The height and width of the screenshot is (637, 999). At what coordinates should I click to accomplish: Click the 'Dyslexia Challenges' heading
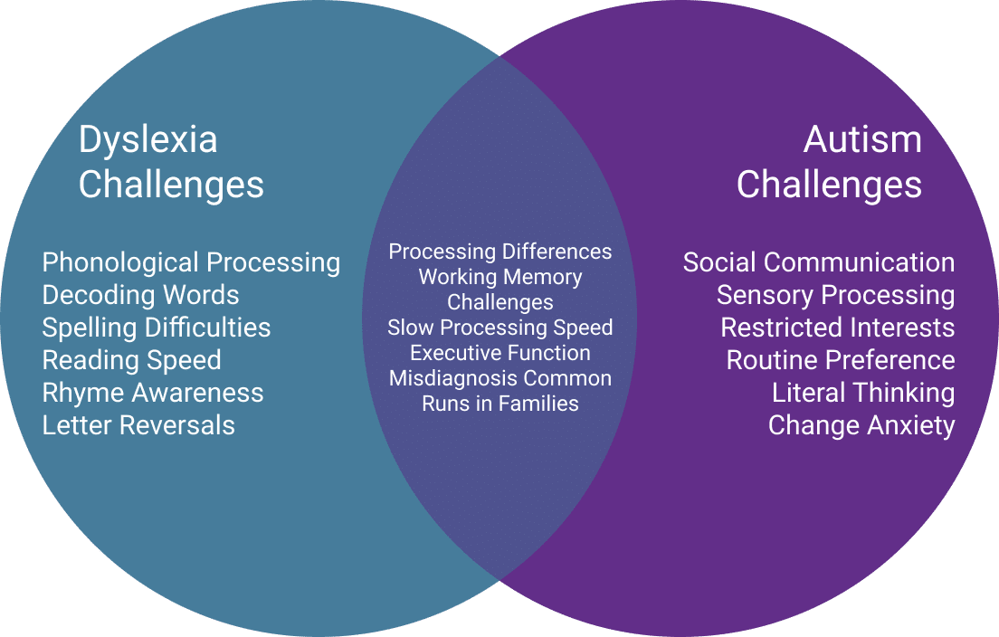tap(171, 162)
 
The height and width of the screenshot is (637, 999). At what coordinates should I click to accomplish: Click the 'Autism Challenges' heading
tap(829, 162)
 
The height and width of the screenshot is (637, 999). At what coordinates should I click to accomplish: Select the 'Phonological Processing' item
tap(191, 262)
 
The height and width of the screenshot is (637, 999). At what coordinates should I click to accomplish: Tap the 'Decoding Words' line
tap(140, 295)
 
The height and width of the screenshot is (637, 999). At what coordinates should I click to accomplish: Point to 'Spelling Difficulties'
tap(157, 328)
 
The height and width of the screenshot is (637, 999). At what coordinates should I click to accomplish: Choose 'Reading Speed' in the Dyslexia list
tap(131, 360)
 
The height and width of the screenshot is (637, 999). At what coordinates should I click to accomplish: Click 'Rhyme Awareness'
tap(153, 393)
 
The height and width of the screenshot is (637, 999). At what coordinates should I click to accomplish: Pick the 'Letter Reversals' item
tap(138, 425)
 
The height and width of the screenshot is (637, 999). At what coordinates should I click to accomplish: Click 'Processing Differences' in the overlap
tap(499, 252)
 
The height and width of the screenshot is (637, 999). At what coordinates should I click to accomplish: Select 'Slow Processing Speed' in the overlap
tap(499, 328)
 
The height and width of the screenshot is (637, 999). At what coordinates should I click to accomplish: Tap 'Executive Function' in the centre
tap(499, 353)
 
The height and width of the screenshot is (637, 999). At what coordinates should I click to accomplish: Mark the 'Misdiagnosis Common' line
tap(499, 378)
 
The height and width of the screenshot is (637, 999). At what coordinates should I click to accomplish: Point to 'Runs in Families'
tap(499, 404)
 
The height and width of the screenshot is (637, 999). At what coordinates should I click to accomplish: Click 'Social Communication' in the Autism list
tap(819, 262)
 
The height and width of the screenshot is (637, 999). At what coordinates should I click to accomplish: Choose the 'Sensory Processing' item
tap(835, 295)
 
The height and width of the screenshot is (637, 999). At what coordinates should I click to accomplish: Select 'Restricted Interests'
tap(837, 328)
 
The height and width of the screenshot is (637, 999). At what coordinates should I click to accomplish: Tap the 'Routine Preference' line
tap(841, 360)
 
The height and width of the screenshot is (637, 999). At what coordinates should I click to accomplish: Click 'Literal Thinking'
tap(863, 393)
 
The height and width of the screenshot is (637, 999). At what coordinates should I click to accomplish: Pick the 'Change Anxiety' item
tap(861, 425)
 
